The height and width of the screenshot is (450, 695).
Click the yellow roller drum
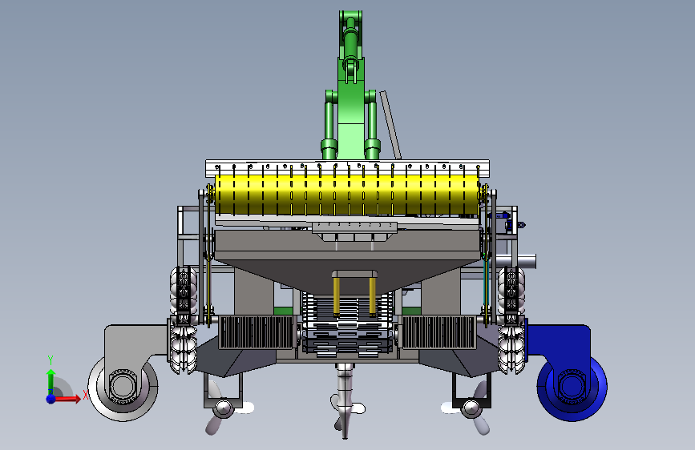coord(347,195)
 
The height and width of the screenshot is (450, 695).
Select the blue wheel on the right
coord(572,386)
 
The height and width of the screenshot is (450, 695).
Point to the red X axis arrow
coord(67,399)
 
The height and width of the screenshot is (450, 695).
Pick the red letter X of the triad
coord(86,395)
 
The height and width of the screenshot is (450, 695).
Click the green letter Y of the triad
coord(51,360)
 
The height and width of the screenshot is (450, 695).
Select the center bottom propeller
coord(345,402)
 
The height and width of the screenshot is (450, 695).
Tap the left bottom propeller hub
coord(224,408)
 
